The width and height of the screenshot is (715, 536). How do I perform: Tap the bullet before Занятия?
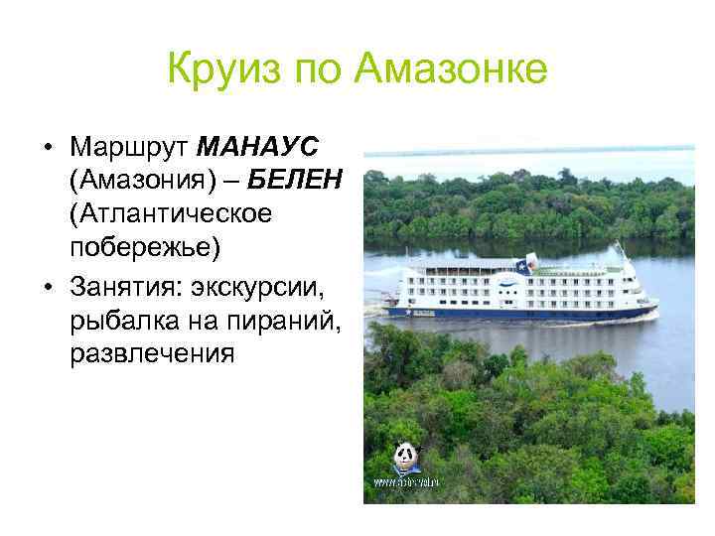point(48,290)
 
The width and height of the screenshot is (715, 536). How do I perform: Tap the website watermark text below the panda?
point(405,481)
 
